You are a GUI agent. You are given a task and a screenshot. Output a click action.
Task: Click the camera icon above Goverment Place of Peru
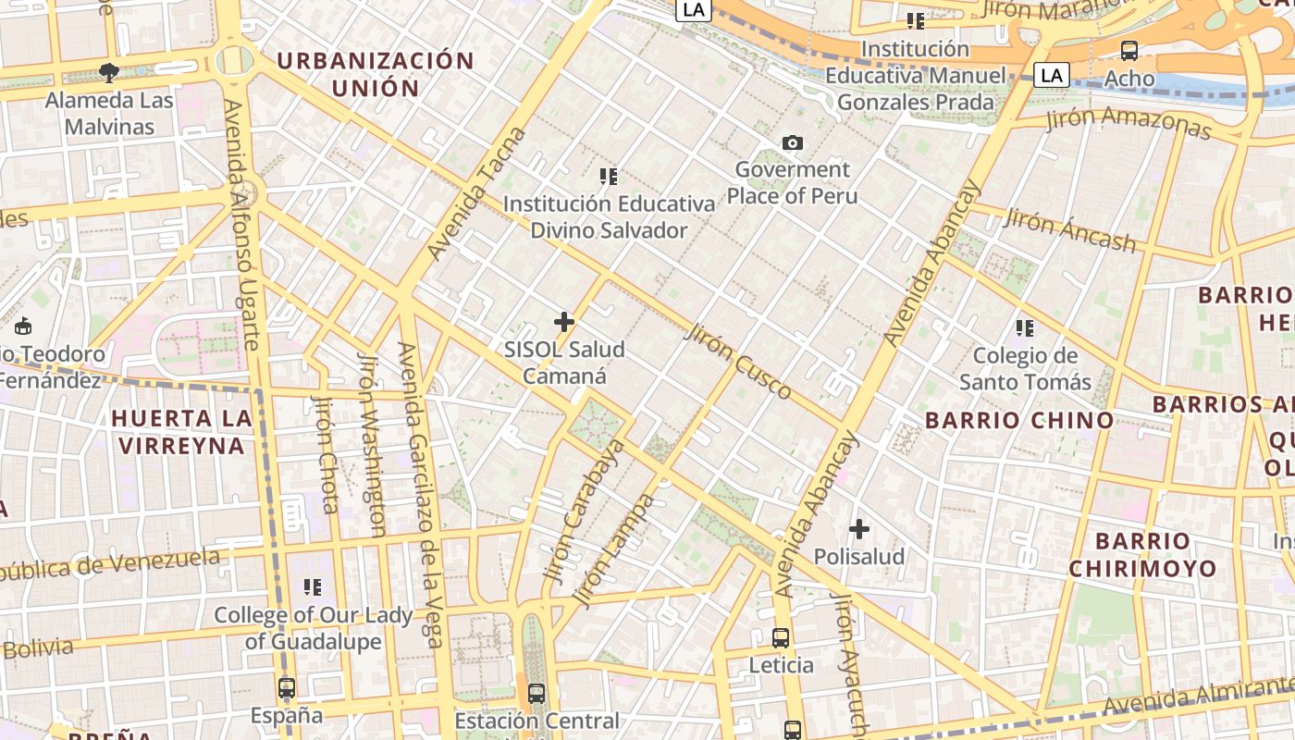pyautogui.click(x=793, y=142)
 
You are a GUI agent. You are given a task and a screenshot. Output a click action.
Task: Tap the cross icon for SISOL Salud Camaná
pyautogui.click(x=564, y=322)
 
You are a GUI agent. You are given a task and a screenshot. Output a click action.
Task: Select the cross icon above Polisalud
pyautogui.click(x=859, y=529)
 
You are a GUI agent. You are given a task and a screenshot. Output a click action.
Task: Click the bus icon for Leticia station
pyautogui.click(x=781, y=638)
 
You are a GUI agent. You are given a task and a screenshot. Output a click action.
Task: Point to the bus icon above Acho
pyautogui.click(x=1129, y=51)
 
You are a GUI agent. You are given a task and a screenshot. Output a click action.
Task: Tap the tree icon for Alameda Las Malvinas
pyautogui.click(x=109, y=72)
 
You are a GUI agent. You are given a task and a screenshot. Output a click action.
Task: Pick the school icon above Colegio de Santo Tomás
pyautogui.click(x=1025, y=327)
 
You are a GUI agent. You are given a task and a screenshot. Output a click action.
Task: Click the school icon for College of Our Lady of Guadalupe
pyautogui.click(x=313, y=587)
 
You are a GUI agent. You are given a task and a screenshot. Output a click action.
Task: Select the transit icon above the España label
pyautogui.click(x=287, y=688)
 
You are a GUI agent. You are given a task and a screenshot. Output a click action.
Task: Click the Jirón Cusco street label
pyautogui.click(x=738, y=361)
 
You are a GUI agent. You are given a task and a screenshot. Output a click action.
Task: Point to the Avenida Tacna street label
pyautogui.click(x=477, y=194)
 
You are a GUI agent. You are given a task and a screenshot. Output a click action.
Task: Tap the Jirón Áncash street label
pyautogui.click(x=1069, y=230)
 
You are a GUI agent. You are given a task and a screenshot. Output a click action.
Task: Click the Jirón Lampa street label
pyautogui.click(x=613, y=551)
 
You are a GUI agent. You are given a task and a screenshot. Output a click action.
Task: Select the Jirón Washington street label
pyautogui.click(x=371, y=444)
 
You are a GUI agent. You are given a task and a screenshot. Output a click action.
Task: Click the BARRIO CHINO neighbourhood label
pyautogui.click(x=1019, y=421)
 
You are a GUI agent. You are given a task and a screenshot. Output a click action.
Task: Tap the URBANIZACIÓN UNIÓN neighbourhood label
pyautogui.click(x=376, y=75)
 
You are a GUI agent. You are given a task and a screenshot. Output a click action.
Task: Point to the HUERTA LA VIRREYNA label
pyautogui.click(x=181, y=432)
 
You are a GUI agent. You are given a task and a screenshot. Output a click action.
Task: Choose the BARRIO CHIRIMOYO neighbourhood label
pyautogui.click(x=1142, y=555)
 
